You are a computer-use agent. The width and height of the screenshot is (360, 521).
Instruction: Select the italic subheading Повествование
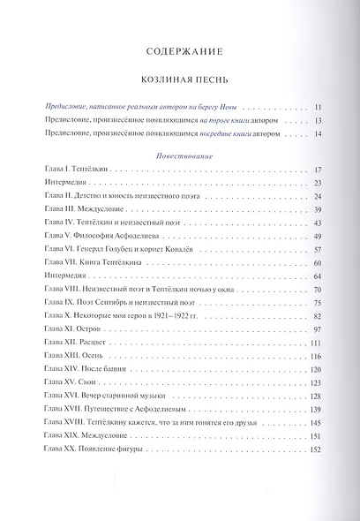click(x=179, y=153)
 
